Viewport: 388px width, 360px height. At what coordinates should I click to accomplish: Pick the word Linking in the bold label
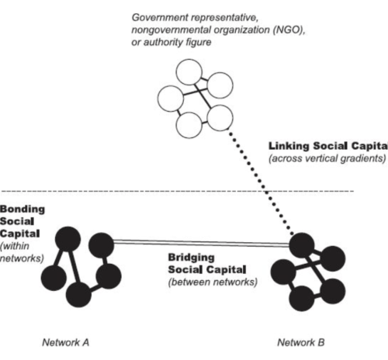pos(289,145)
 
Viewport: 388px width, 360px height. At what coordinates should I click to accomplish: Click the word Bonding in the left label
pos(21,209)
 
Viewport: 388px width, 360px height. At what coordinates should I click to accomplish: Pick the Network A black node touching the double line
pos(101,244)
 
